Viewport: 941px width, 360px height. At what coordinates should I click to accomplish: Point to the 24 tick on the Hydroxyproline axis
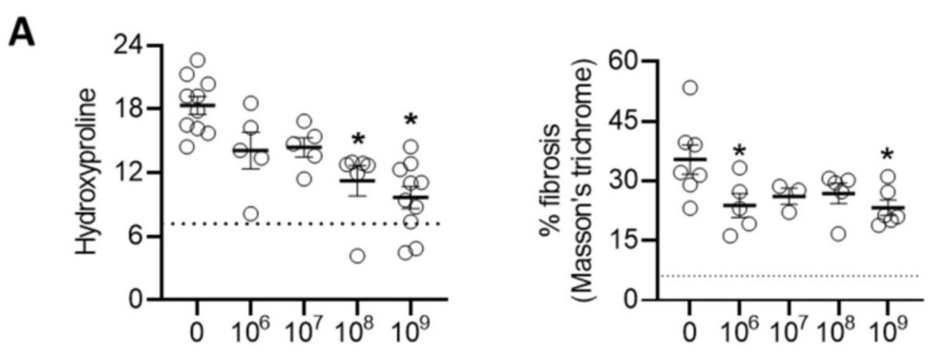[x=130, y=45]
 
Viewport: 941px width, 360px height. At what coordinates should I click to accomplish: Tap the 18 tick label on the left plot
[x=130, y=108]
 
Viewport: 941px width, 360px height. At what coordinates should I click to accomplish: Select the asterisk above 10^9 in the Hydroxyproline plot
[x=411, y=122]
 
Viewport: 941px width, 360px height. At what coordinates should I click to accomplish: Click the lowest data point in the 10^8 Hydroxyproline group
[x=358, y=256]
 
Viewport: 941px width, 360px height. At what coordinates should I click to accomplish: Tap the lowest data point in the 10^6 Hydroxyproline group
[x=251, y=214]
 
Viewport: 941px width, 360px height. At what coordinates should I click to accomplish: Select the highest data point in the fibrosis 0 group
[x=690, y=87]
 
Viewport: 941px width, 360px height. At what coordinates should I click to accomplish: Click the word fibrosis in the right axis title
[x=568, y=191]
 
